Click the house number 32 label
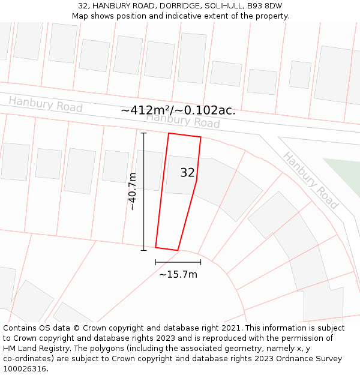(187, 173)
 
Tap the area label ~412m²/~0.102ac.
(178, 110)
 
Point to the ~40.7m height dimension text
(133, 191)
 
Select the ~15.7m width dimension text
(178, 274)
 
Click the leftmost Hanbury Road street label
(46, 104)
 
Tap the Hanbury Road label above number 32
(183, 121)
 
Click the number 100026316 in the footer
(25, 369)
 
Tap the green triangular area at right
(345, 174)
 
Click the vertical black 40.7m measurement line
(143, 191)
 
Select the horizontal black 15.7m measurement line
(178, 262)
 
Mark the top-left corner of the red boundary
(169, 133)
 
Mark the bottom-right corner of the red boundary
(178, 250)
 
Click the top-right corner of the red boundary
(200, 137)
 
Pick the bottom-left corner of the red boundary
(156, 247)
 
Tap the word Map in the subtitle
(81, 16)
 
